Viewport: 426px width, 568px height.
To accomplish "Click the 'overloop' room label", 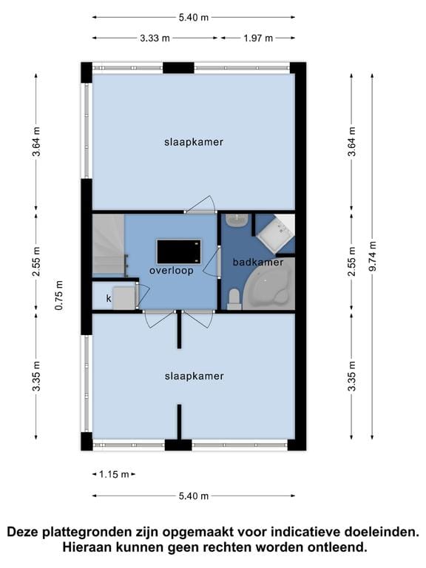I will [171, 271].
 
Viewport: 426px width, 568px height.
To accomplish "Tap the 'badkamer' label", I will [258, 262].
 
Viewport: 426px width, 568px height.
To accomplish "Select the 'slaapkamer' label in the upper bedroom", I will [194, 141].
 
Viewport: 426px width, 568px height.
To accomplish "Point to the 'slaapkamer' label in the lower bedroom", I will [194, 376].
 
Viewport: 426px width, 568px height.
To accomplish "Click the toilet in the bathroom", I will [234, 298].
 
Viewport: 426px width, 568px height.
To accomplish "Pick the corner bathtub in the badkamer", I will [273, 285].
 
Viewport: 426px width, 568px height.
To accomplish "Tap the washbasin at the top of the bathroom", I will [236, 220].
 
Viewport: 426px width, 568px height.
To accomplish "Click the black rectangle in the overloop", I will [177, 251].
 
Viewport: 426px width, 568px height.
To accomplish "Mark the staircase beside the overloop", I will [106, 246].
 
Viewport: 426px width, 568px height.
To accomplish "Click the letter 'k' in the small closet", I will [109, 298].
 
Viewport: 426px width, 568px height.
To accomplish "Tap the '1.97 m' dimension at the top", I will [258, 38].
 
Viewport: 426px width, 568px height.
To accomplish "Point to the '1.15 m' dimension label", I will [115, 474].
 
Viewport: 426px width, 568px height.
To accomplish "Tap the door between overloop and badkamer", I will [218, 262].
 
